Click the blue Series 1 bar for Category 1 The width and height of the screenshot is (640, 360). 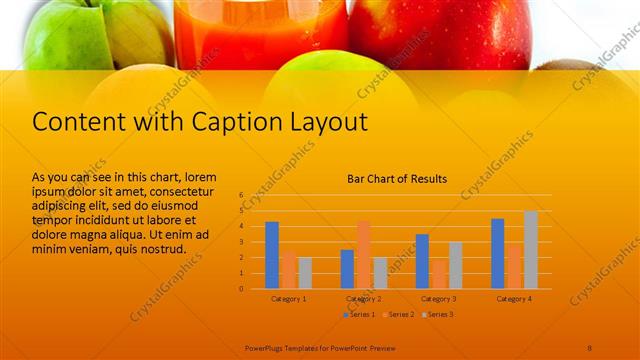[271, 255]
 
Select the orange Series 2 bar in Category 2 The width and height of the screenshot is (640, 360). [364, 254]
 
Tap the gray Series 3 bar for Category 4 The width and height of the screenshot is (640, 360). [530, 249]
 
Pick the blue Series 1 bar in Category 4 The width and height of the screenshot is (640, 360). [497, 253]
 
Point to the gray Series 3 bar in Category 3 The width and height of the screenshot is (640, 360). [455, 265]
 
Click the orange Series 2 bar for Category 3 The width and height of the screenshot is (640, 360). [439, 273]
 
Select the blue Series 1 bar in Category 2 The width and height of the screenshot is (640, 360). [347, 269]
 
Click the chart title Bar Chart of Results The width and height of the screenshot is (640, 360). [397, 179]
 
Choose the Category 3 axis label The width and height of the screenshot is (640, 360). [438, 299]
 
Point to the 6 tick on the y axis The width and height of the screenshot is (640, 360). [241, 195]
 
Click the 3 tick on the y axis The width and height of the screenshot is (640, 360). [241, 242]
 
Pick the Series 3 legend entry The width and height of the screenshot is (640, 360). [438, 314]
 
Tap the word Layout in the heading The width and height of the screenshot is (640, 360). [328, 122]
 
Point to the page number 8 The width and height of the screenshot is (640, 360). [589, 347]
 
